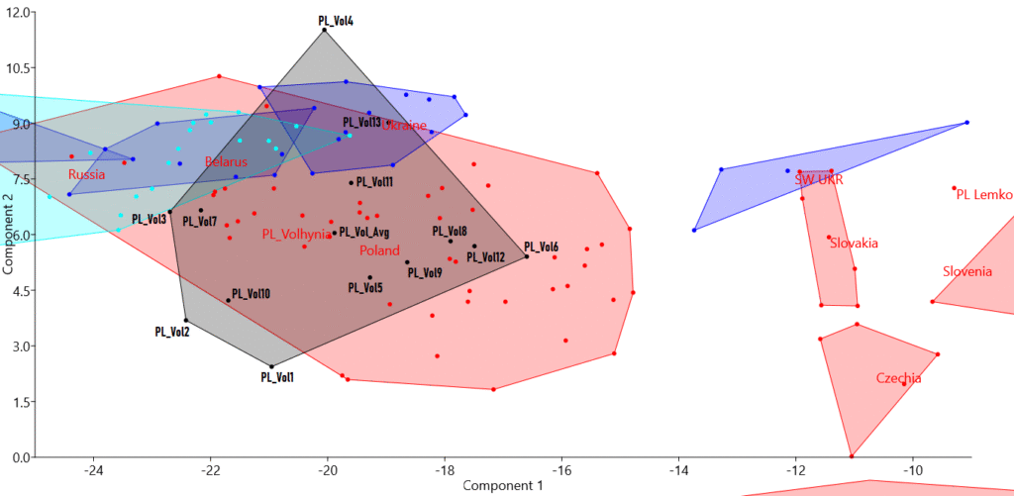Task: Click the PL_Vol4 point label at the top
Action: tap(336, 19)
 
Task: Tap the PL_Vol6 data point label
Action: tap(541, 247)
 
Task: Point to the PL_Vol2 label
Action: tap(172, 332)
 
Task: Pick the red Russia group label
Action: tap(86, 174)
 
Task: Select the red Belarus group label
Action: tap(227, 161)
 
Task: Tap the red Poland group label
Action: tap(379, 250)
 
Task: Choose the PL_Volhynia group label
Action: tap(297, 235)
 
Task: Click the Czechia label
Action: tap(898, 378)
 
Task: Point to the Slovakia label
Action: tap(854, 243)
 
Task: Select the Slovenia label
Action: tap(967, 271)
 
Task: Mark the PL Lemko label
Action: tap(984, 194)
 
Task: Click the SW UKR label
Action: tap(819, 180)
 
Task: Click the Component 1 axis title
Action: tap(503, 485)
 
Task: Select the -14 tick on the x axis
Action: tap(678, 469)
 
